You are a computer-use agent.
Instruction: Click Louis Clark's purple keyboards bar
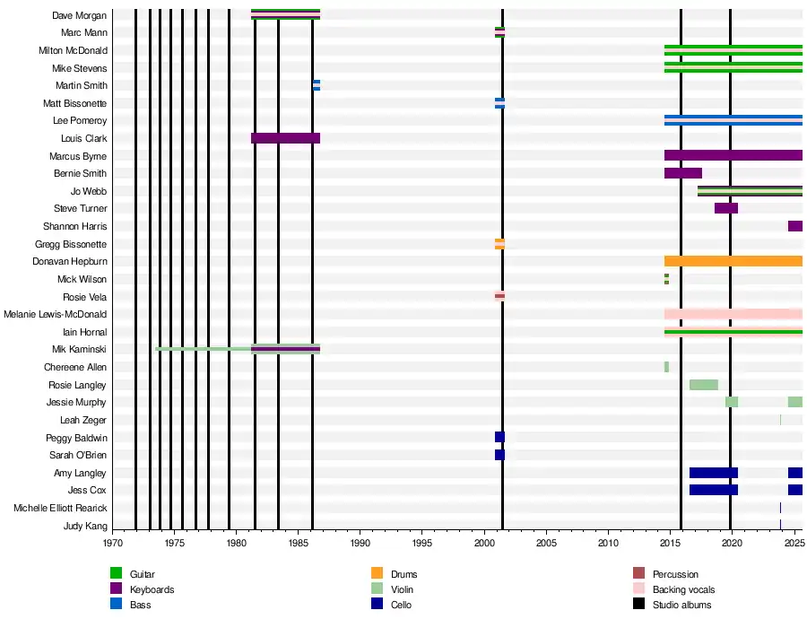[x=285, y=138]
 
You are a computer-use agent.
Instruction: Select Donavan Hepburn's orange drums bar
[x=733, y=261]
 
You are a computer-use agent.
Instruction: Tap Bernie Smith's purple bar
[x=682, y=173]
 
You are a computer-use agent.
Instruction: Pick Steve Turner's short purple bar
[x=725, y=208]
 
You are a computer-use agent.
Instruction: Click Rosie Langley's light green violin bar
[x=703, y=385]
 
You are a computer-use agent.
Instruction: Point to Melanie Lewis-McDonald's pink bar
[x=733, y=314]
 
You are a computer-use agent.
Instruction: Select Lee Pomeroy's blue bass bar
[x=733, y=120]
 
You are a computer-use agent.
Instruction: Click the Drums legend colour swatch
[x=377, y=574]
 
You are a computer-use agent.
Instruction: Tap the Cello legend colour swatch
[x=377, y=605]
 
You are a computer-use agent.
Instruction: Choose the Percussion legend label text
[x=675, y=574]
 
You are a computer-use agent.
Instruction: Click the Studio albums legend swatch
[x=639, y=605]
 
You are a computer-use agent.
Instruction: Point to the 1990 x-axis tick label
[x=360, y=543]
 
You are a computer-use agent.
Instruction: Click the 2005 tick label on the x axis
[x=546, y=543]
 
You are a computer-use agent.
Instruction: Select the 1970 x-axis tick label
[x=113, y=543]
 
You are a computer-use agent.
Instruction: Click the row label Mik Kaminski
[x=83, y=349]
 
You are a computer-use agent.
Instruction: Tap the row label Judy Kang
[x=85, y=526]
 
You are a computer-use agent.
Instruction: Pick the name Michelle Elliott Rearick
[x=60, y=508]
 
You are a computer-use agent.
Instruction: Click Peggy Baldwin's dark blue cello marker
[x=499, y=437]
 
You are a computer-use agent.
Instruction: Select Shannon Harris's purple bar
[x=794, y=226]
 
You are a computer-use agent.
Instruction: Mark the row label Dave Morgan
[x=80, y=15]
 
